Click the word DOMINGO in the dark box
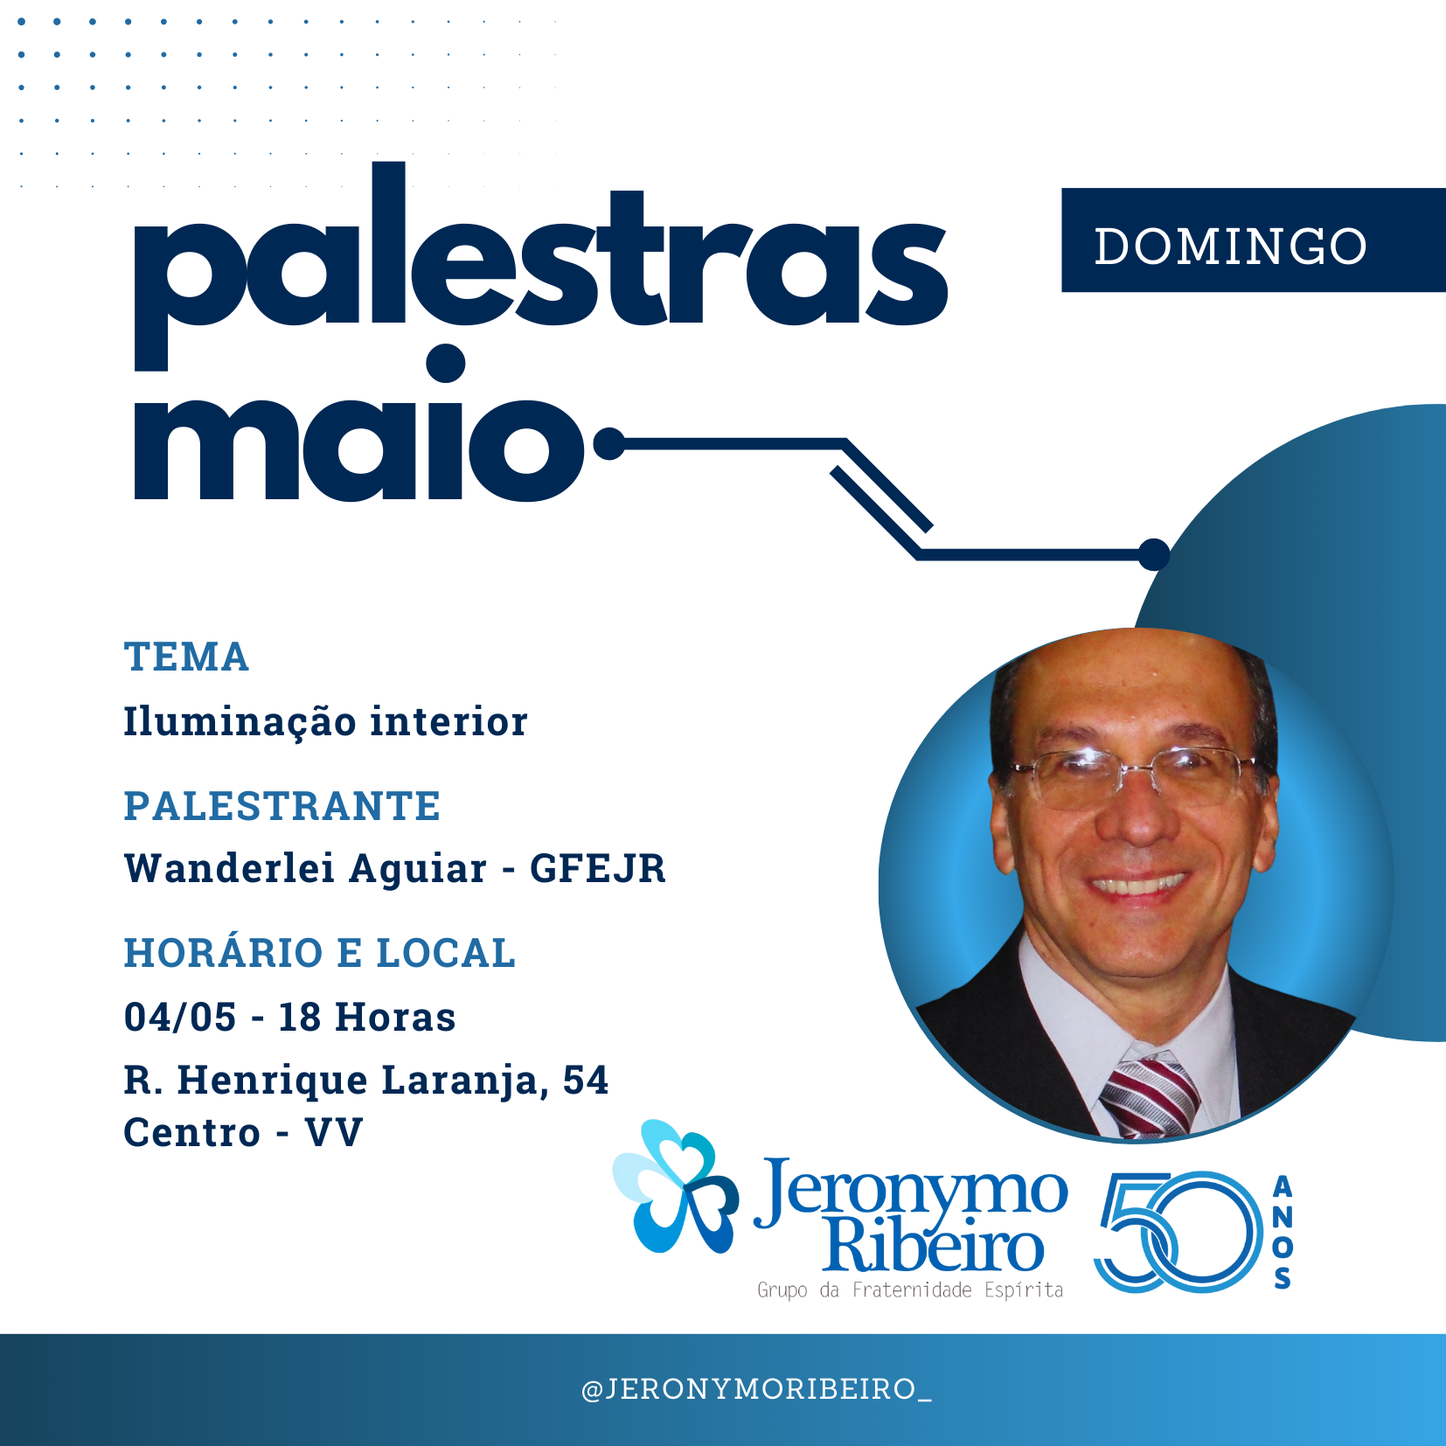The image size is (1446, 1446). (1230, 246)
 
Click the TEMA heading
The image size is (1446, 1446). (186, 657)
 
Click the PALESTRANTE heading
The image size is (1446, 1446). (282, 806)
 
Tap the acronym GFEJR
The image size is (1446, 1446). (598, 869)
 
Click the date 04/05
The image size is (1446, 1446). (180, 1017)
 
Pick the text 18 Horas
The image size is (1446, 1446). (367, 1017)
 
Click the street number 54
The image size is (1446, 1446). (585, 1080)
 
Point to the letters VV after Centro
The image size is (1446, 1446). (334, 1133)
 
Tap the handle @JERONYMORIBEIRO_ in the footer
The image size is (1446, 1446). (757, 1389)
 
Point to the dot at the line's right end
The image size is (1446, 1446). (1154, 554)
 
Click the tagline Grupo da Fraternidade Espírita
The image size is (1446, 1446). (910, 1290)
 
